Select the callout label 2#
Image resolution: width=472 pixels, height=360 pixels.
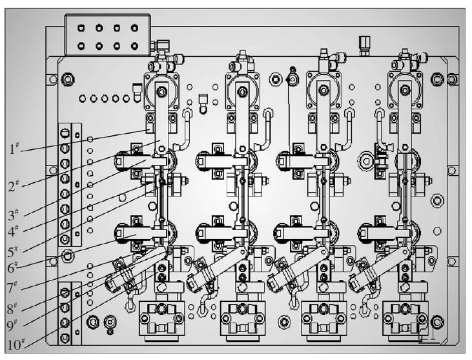14,187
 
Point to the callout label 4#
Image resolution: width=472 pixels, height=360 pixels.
14,229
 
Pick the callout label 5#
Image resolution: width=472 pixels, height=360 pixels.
14,249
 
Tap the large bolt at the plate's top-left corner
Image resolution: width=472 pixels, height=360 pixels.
65,79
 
